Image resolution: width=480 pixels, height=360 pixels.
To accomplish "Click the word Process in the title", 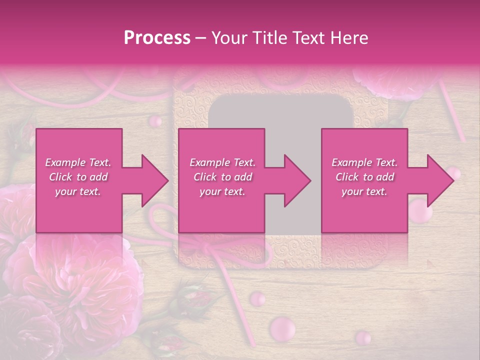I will point(157,38).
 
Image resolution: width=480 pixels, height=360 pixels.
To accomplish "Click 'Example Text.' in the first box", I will point(78,162).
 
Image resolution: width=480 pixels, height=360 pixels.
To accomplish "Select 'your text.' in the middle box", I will point(222,191).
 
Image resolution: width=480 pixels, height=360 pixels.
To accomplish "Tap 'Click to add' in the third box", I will point(364,177).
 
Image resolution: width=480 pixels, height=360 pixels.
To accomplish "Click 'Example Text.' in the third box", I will point(364,162).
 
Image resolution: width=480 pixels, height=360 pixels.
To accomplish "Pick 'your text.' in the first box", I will point(78,191).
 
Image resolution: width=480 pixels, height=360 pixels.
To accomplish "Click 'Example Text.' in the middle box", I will point(222,162).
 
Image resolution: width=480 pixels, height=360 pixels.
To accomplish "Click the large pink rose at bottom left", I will point(75,280).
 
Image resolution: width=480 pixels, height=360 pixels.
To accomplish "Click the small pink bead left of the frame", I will point(156,120).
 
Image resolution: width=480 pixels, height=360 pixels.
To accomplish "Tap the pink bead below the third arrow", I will point(420,211).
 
